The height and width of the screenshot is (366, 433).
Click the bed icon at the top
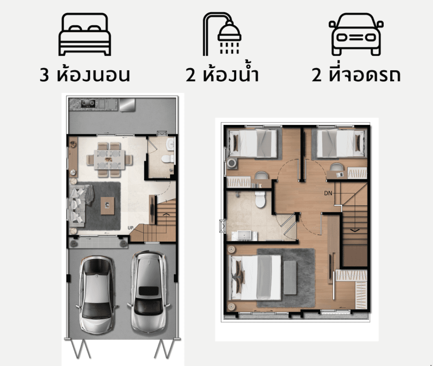(84, 34)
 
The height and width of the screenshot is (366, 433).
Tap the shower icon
(222, 34)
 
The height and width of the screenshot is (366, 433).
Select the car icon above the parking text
(356, 34)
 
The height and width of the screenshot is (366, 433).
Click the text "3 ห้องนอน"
(84, 74)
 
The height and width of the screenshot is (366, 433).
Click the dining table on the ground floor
(109, 160)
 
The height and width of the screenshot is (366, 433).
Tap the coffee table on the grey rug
(108, 206)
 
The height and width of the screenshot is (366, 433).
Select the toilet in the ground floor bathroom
(168, 158)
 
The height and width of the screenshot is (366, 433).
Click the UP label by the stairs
(130, 228)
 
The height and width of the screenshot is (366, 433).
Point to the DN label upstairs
(328, 193)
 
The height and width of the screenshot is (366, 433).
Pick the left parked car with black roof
(97, 295)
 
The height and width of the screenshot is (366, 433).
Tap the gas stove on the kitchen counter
(88, 104)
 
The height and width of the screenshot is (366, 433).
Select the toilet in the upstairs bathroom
(260, 199)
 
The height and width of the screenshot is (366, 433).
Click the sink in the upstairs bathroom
(244, 236)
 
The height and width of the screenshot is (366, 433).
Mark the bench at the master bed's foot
(290, 277)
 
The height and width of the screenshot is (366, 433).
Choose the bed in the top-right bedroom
(342, 144)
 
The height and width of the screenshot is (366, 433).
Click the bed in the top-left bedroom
(253, 144)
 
